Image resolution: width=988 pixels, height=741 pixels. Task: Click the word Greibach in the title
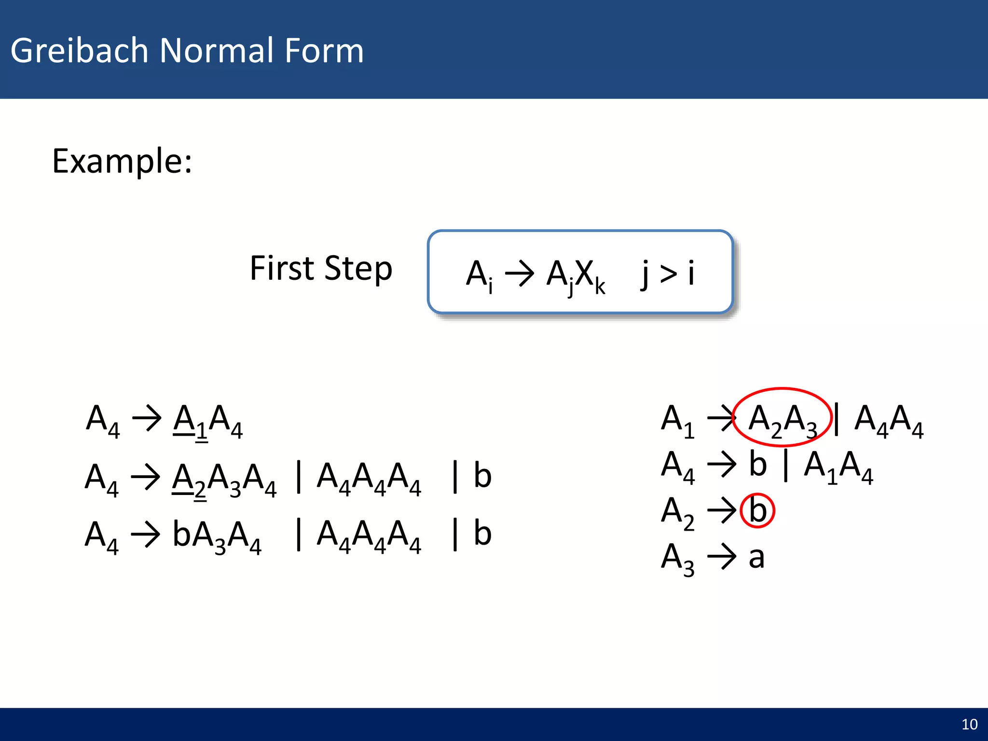79,50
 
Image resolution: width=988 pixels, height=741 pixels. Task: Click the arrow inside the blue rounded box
519,274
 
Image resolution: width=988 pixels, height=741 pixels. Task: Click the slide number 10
969,724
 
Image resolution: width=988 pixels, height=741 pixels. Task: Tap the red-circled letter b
757,510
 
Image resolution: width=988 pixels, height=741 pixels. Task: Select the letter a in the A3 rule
756,557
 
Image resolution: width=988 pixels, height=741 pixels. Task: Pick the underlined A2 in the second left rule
189,478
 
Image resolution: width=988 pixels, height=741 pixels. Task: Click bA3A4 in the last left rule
217,535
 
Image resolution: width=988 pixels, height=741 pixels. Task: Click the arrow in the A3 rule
721,557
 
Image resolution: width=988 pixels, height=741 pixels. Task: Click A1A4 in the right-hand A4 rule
838,465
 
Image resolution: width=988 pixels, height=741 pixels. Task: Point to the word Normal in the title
216,50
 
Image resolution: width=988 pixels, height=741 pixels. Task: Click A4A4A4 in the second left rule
369,478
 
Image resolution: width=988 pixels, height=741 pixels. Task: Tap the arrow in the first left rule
147,418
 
